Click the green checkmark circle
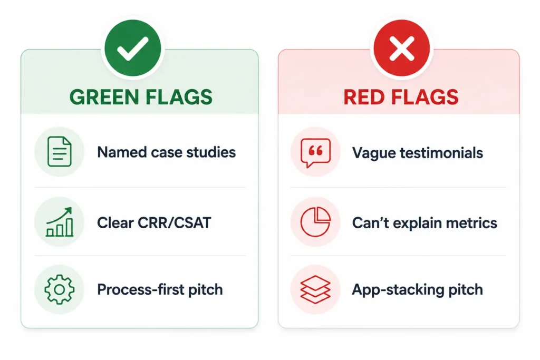[x=133, y=48]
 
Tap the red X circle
[x=401, y=48]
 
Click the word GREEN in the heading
[x=105, y=97]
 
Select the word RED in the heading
[x=365, y=97]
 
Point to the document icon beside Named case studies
[x=60, y=152]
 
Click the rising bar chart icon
[x=60, y=222]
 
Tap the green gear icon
[x=60, y=289]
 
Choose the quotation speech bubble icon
[x=315, y=153]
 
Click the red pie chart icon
[x=315, y=222]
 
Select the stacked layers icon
[x=315, y=289]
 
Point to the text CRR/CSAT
[x=174, y=222]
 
